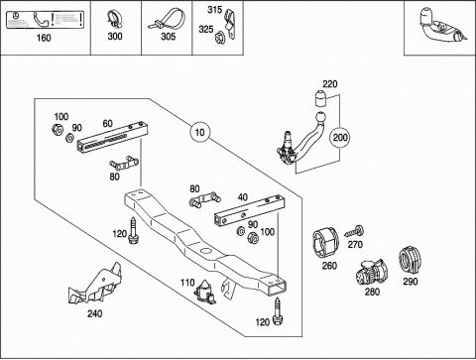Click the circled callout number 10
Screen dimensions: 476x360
(199, 132)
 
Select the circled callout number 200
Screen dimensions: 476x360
(340, 137)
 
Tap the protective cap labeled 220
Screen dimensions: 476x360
(320, 98)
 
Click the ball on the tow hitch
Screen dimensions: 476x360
(321, 118)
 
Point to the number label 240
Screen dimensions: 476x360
(94, 313)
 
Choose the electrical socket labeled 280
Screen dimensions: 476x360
(372, 272)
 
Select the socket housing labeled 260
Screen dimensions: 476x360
(325, 242)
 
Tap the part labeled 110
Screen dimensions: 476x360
(205, 292)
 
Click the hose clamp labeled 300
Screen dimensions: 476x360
(113, 19)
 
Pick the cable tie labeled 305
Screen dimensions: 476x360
(167, 20)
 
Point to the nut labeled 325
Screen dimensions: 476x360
(219, 36)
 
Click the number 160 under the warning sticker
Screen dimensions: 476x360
(44, 38)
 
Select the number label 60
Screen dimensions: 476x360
(108, 123)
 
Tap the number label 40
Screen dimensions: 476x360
(243, 197)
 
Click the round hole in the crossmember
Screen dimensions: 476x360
(207, 250)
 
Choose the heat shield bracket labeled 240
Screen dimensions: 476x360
(95, 285)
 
